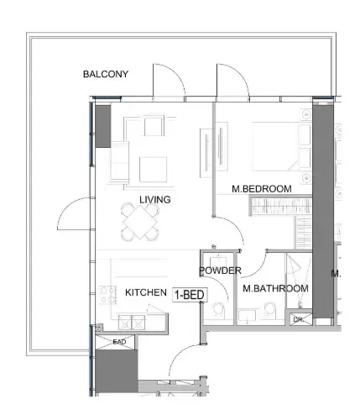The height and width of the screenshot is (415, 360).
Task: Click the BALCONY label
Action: (106, 74)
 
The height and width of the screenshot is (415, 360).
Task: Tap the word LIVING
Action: (155, 199)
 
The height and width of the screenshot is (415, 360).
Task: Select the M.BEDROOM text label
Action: (262, 189)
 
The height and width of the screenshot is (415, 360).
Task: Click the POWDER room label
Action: (220, 271)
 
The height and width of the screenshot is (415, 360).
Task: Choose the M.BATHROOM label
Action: (275, 289)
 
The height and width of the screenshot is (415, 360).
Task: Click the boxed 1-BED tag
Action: (190, 295)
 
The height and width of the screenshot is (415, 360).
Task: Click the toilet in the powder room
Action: (219, 309)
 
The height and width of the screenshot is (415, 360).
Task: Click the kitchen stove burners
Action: (107, 296)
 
